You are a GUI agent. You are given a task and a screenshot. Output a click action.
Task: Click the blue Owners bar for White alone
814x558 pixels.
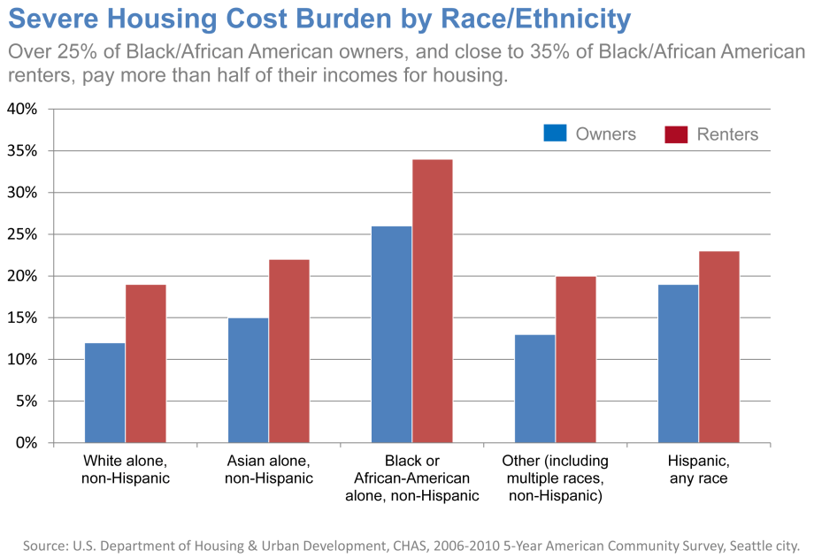105,393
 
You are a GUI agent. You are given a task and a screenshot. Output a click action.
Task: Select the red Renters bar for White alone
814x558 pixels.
146,363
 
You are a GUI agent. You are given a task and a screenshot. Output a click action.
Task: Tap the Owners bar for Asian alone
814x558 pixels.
249,380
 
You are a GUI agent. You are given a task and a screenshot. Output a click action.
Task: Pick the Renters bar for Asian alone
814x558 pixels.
289,351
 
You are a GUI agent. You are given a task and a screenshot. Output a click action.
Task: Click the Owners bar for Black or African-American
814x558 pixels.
392,334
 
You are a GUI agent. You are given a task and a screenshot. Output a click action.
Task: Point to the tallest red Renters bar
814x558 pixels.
433,301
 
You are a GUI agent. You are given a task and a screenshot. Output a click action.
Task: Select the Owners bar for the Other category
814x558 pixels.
535,388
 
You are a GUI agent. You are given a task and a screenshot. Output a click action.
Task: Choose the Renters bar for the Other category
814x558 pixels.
576,359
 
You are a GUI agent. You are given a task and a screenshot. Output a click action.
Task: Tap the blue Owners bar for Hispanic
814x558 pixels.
679,363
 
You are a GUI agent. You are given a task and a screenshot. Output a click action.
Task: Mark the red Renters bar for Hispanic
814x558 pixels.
719,347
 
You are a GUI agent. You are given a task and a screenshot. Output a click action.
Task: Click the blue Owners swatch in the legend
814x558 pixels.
555,134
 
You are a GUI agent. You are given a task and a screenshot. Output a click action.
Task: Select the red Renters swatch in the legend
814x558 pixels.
676,134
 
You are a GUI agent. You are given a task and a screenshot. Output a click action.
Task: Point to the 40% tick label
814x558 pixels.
22,110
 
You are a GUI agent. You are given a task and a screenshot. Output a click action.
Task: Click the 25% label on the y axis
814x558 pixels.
22,234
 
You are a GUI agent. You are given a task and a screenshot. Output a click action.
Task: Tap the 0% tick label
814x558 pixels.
27,442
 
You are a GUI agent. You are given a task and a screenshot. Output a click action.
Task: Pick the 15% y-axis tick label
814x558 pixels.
22,317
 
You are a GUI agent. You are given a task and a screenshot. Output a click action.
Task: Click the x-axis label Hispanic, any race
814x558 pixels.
698,470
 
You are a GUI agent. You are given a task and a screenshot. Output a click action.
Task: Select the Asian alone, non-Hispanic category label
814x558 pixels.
270,470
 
